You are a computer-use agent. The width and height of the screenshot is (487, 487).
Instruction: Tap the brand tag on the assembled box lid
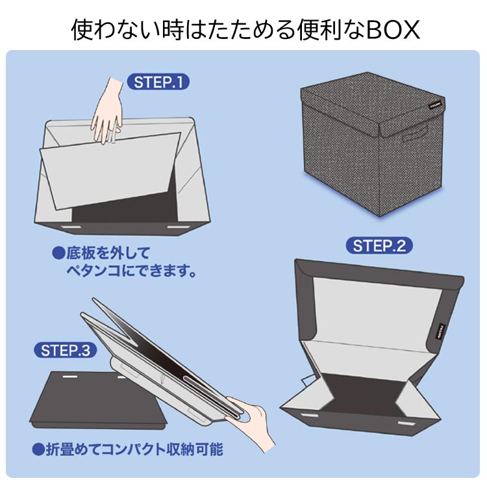coord(436,105)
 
